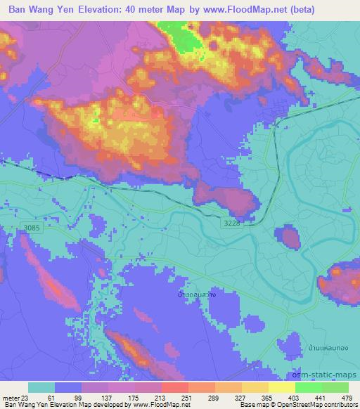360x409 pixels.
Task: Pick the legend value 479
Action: pyautogui.click(x=347, y=397)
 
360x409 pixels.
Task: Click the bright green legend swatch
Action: pyautogui.click(x=308, y=387)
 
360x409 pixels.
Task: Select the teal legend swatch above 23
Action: pyautogui.click(x=41, y=387)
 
